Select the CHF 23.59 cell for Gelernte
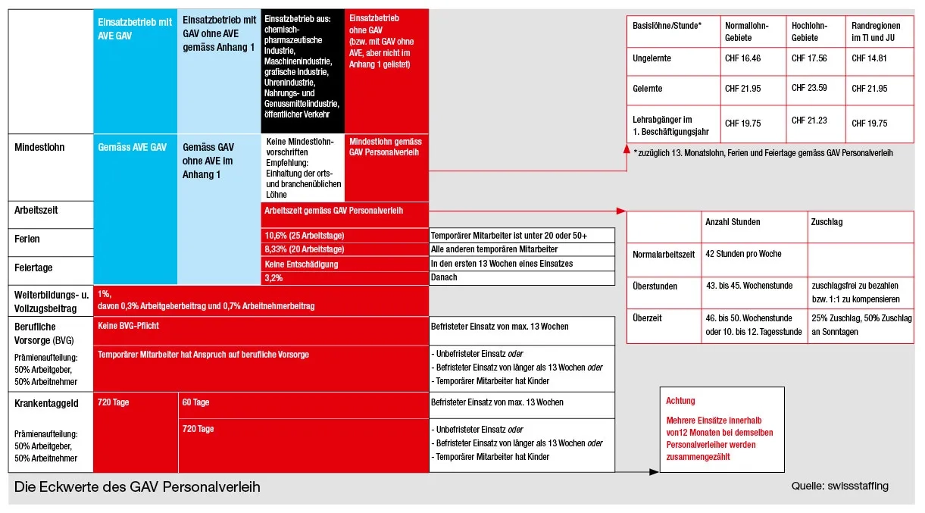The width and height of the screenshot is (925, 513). click(809, 88)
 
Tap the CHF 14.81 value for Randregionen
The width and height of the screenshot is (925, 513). click(869, 58)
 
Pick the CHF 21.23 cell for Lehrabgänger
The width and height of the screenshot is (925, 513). click(809, 120)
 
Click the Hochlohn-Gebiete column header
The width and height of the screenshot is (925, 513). click(809, 31)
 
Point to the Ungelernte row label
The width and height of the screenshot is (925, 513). click(652, 58)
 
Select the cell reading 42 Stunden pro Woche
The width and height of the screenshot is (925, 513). click(742, 254)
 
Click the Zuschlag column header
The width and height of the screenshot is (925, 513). click(827, 222)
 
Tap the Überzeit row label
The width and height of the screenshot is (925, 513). click(647, 318)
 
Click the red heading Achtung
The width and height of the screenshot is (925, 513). click(680, 401)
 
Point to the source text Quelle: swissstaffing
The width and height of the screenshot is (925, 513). click(839, 486)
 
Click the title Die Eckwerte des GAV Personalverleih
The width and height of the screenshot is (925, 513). click(138, 486)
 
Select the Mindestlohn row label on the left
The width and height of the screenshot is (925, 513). click(40, 147)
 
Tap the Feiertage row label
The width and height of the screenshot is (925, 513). click(35, 267)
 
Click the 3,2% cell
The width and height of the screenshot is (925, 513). click(273, 278)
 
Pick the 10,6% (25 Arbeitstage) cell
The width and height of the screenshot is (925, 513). click(304, 236)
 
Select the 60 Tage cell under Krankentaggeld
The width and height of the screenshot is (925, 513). click(195, 402)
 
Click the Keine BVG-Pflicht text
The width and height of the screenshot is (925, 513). click(129, 326)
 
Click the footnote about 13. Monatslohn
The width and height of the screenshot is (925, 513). click(763, 152)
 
